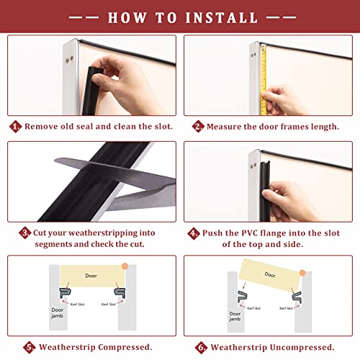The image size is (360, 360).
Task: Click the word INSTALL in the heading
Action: (x=222, y=18)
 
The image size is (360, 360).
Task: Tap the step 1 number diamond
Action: (x=15, y=127)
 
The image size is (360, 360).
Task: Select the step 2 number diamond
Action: (x=198, y=127)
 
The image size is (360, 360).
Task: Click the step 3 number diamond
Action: (x=25, y=233)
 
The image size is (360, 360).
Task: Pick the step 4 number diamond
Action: (x=194, y=233)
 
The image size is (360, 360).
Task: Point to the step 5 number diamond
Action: (x=30, y=347)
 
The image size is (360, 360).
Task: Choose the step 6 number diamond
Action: (x=201, y=348)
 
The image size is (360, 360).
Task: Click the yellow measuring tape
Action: (x=264, y=80)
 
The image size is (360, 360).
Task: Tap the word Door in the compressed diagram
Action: (x=91, y=276)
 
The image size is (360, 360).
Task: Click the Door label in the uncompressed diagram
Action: (x=270, y=274)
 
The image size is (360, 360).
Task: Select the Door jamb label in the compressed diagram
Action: (x=57, y=313)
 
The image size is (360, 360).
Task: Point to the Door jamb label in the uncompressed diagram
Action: (x=235, y=316)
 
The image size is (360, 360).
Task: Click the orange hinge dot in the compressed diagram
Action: (x=125, y=266)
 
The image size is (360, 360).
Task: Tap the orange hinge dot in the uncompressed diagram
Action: (x=302, y=273)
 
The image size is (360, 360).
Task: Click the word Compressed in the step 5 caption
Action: (x=125, y=347)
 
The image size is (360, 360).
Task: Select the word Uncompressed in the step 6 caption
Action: (x=302, y=348)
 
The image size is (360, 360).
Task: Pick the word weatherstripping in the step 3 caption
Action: (x=103, y=233)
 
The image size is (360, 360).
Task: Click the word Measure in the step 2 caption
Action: (x=224, y=127)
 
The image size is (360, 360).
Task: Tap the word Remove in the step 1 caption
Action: (x=42, y=126)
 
